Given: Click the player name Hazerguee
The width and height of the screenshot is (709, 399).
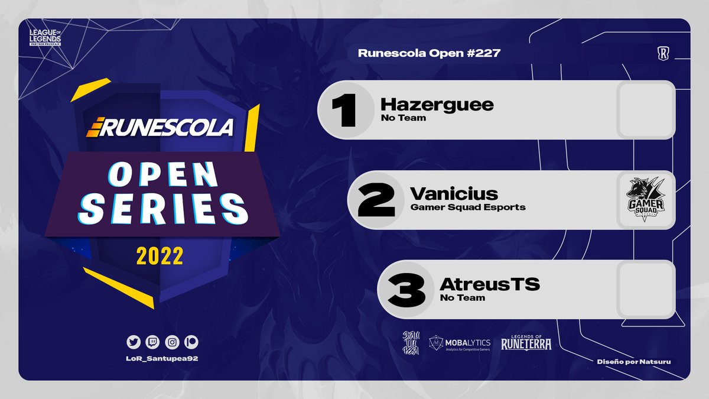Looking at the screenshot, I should coord(437,105).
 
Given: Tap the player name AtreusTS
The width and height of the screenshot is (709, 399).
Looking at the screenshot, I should coord(490,284).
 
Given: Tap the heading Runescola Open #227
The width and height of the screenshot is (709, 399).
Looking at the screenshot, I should coord(429,53).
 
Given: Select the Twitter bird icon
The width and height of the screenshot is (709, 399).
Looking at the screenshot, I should coord(133,342).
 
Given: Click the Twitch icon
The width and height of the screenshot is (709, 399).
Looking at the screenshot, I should coord(152,342).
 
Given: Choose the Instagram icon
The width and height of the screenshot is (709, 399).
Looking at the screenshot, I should coord(171,342).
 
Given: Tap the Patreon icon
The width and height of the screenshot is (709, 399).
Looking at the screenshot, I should coord(190,342).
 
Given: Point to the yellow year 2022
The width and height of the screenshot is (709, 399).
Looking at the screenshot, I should coord(160,256).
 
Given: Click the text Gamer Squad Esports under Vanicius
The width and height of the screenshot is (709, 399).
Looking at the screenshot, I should coord(467,207).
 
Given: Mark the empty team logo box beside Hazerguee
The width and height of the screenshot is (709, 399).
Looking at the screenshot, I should coord(645,110).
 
